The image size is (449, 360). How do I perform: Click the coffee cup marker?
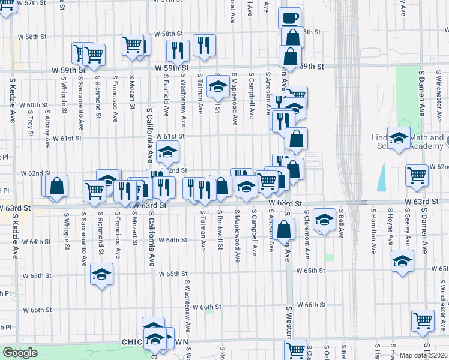[x=289, y=18]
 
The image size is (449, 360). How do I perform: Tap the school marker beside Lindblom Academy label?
[x=398, y=139]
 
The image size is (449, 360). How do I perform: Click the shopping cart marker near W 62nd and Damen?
[x=417, y=175]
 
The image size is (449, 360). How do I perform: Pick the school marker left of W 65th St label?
[x=102, y=275]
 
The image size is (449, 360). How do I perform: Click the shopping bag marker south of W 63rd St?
[x=286, y=229]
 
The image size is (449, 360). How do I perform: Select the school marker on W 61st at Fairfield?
[x=168, y=152]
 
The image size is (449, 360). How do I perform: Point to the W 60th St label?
[x=34, y=105]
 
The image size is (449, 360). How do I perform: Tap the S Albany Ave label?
[x=47, y=130]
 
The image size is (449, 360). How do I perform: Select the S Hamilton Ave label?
[x=373, y=228]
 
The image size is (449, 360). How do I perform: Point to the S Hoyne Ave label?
[x=390, y=228]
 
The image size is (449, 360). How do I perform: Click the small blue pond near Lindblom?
[x=382, y=176]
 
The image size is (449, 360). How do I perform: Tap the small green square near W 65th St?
[x=330, y=257]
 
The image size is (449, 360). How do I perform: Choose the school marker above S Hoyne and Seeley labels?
[x=402, y=261]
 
